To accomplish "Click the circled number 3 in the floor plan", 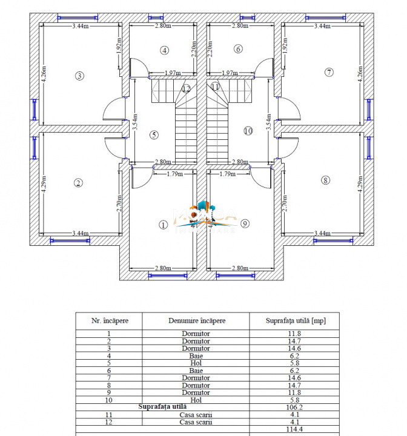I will (x=79, y=76).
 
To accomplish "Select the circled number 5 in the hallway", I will (x=154, y=134).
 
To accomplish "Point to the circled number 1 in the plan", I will (x=162, y=225).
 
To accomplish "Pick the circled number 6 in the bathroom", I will (x=238, y=49).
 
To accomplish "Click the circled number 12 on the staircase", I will (x=186, y=88).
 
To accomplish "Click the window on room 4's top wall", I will (x=156, y=18).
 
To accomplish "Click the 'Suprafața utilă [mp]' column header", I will (x=296, y=321).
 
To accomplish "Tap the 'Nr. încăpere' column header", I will (x=109, y=321).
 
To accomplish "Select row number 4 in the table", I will (x=109, y=356).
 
